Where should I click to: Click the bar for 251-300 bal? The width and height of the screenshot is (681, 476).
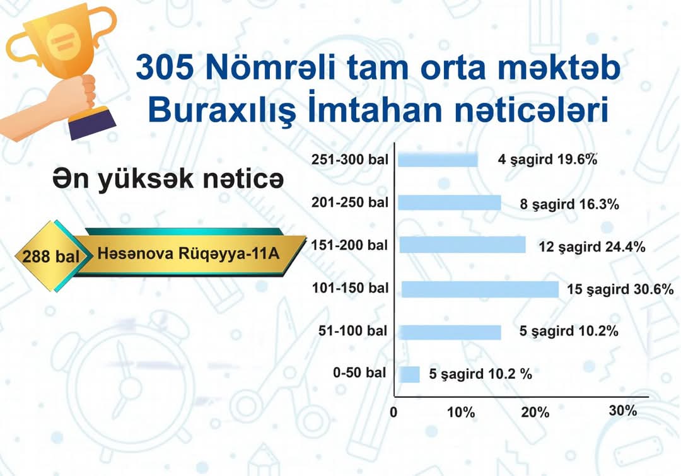click(x=438, y=160)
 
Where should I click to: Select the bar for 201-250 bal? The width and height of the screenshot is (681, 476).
click(x=450, y=203)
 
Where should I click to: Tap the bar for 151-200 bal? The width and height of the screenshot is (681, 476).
click(x=463, y=245)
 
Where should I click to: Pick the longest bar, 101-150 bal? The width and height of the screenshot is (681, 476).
click(x=480, y=289)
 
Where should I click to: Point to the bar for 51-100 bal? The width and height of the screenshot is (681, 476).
click(x=450, y=332)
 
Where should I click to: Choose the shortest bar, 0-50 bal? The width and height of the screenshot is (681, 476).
click(x=409, y=374)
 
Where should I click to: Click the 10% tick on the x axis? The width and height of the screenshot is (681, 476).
click(x=461, y=412)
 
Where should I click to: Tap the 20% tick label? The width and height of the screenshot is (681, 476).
click(x=535, y=412)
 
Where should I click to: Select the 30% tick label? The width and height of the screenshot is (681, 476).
click(x=623, y=410)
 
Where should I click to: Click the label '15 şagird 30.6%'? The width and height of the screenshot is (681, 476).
click(x=620, y=289)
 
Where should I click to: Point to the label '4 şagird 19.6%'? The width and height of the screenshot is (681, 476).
click(x=548, y=160)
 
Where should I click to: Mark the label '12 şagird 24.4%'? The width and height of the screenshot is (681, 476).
click(x=592, y=247)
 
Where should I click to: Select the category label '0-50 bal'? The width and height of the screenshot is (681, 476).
click(x=359, y=373)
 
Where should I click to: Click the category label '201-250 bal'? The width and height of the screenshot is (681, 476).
click(x=349, y=202)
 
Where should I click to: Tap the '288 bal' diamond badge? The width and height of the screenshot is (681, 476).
click(x=52, y=256)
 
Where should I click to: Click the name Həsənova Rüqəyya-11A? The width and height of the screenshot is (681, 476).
click(x=188, y=253)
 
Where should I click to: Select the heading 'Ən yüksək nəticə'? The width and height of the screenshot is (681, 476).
click(x=168, y=178)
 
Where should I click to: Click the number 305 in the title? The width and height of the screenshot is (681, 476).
click(x=165, y=67)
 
